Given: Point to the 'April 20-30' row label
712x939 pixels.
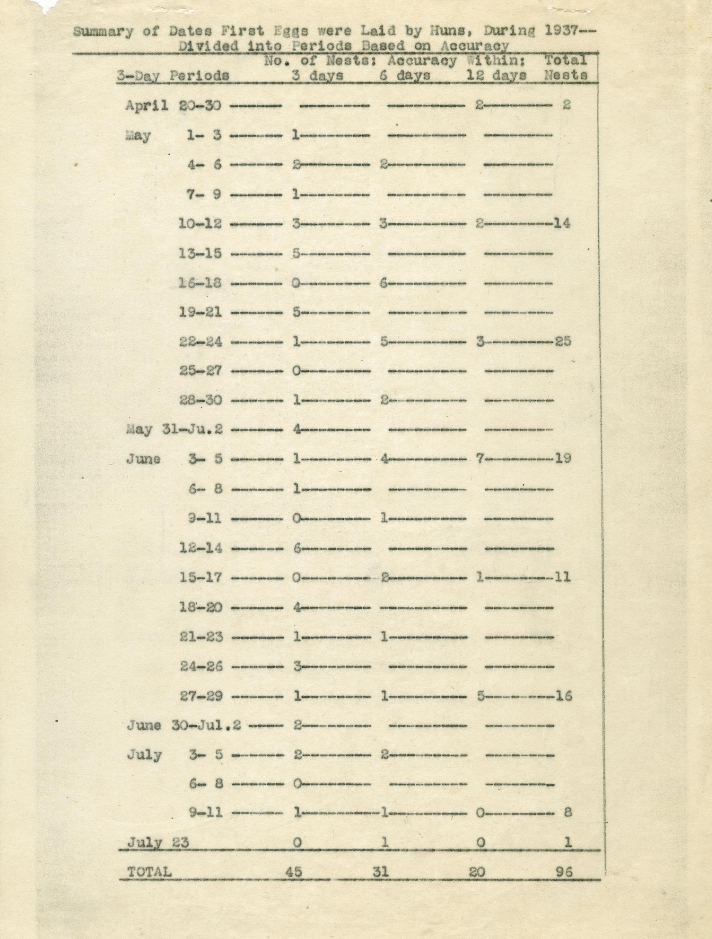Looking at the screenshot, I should pyautogui.click(x=173, y=105).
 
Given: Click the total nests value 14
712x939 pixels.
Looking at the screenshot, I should pyautogui.click(x=562, y=223).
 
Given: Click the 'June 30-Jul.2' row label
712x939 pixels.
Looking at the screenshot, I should pyautogui.click(x=184, y=725).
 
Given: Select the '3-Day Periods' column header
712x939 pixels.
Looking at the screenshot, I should pyautogui.click(x=173, y=76).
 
